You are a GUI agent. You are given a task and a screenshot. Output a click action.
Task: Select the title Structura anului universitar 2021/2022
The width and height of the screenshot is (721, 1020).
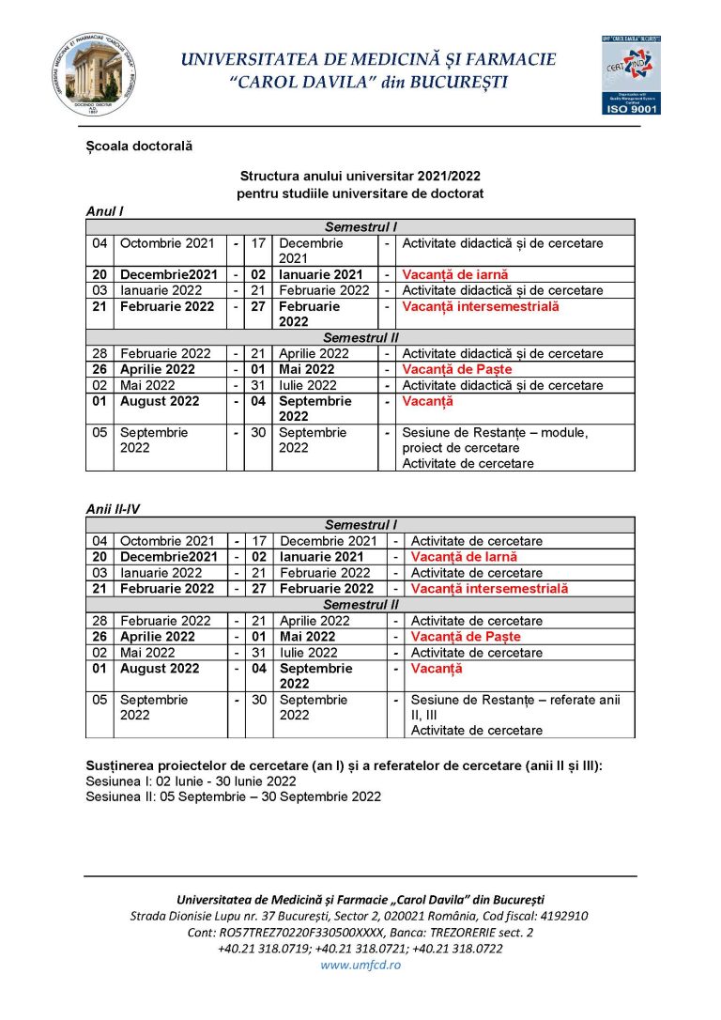point(360,176)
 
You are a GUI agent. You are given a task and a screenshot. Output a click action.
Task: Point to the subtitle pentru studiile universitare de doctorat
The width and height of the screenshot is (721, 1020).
point(360,193)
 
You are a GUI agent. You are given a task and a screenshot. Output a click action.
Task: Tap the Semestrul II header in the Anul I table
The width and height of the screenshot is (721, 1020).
point(360,337)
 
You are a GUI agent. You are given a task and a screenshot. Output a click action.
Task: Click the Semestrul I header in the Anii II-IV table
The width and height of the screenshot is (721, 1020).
point(360,525)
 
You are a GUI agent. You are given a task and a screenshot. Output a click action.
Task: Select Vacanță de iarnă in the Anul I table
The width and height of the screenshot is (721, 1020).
point(455,274)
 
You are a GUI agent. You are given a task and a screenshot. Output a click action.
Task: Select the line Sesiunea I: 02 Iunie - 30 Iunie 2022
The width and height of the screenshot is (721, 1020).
point(192,780)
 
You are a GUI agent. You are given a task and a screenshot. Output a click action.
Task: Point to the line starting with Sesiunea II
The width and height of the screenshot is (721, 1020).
point(233,796)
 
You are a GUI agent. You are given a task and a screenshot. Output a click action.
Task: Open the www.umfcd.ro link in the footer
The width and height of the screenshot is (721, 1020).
point(360,966)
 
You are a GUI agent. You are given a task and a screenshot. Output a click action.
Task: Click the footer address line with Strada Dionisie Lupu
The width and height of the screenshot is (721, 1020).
point(360,916)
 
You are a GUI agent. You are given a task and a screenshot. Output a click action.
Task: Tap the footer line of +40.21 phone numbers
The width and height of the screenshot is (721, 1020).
point(360,949)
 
